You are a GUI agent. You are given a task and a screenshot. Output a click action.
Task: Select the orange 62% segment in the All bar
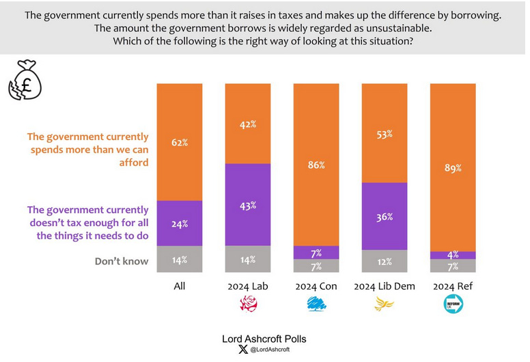point(180,142)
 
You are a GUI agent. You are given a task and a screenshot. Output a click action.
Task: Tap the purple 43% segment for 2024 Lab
point(248,204)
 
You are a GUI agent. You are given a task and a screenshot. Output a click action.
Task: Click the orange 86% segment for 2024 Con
point(316,165)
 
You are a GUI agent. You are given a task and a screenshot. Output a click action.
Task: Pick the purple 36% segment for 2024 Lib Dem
point(384,217)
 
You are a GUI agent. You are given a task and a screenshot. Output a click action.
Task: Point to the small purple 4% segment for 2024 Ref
point(452,255)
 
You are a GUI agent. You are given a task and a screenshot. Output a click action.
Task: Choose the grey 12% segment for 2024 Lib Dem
point(384,262)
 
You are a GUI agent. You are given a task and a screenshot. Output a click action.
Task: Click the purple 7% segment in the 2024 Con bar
point(316,253)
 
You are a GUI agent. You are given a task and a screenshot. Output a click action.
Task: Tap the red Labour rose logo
point(248,305)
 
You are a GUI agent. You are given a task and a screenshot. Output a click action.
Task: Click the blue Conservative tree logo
point(316,305)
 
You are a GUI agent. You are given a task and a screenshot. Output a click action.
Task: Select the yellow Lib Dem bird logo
point(384,305)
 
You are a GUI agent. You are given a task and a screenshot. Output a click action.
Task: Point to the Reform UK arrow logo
point(452,305)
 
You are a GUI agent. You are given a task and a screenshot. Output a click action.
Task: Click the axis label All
point(180,286)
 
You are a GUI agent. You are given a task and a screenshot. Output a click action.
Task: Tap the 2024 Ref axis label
point(452,286)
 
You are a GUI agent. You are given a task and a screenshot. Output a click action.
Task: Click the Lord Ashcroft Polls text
point(264,338)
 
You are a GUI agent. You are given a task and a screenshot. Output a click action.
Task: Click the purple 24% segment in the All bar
point(180,223)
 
